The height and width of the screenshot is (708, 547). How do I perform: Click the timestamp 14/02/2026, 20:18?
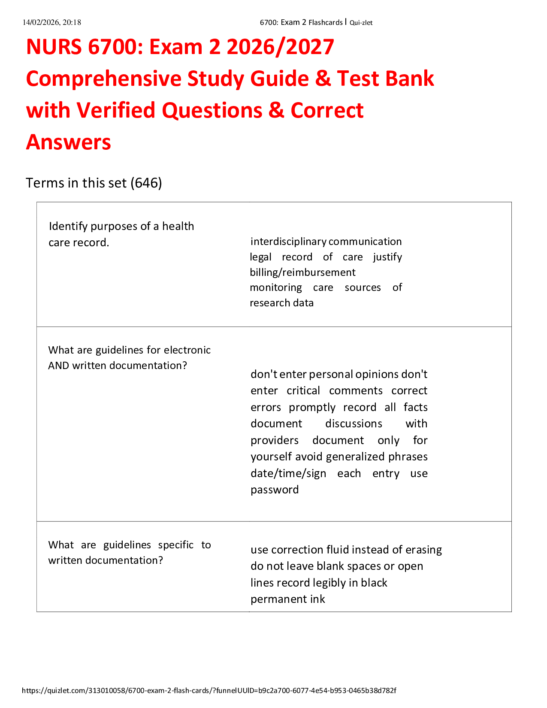tap(52, 22)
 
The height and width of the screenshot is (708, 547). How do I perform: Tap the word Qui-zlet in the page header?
tap(361, 23)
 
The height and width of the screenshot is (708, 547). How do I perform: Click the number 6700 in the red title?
tap(112, 47)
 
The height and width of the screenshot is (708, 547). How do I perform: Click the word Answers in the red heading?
tap(69, 142)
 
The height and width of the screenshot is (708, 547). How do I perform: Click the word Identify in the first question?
tap(68, 226)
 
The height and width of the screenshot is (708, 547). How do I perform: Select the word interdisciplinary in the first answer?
tap(288, 242)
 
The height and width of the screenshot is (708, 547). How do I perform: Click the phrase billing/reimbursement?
tap(302, 272)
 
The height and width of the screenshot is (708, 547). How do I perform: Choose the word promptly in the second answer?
tap(312, 407)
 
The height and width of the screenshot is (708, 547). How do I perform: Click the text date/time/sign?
tap(288, 473)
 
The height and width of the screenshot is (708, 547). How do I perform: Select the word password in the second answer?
tap(275, 490)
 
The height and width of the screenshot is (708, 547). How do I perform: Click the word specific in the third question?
tap(176, 545)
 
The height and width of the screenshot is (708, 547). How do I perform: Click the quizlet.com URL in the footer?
tap(209, 690)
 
